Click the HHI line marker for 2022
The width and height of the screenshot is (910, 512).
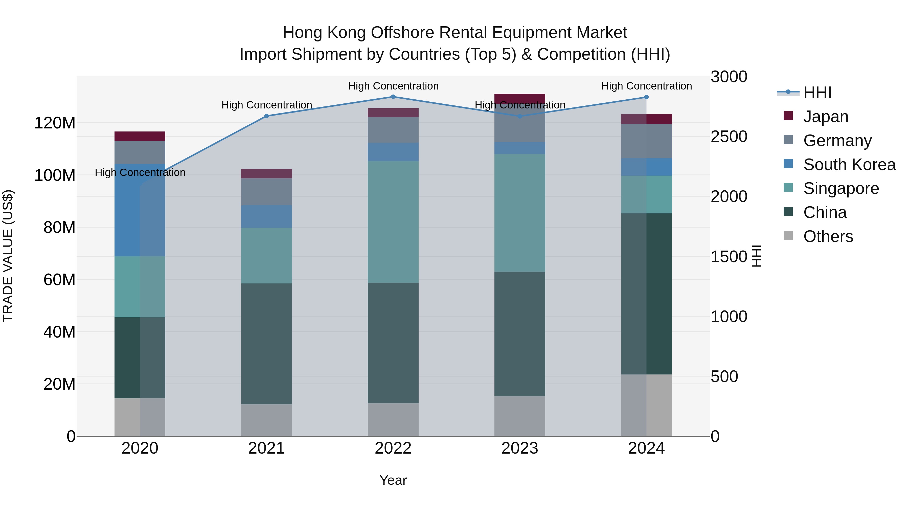(393, 97)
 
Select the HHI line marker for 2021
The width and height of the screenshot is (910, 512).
(266, 116)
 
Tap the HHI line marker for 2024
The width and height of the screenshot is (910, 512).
(646, 97)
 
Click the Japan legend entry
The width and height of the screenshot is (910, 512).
(825, 117)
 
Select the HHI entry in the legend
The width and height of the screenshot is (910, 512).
(817, 93)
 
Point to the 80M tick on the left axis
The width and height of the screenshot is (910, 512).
(59, 228)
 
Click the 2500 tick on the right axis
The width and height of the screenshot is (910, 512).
(729, 137)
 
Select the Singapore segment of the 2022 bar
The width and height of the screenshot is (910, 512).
(393, 222)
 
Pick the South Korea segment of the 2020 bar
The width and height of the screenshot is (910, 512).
(140, 210)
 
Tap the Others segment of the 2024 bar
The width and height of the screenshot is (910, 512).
(646, 405)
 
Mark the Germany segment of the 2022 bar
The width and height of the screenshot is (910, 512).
(393, 130)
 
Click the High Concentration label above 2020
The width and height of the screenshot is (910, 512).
(140, 172)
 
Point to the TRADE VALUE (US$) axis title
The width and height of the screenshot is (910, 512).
(8, 256)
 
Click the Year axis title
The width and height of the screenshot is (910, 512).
(393, 480)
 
